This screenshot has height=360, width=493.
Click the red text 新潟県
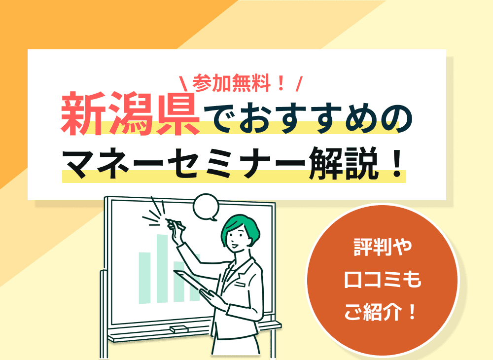[131, 114]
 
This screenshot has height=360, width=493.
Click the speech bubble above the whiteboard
[206, 207]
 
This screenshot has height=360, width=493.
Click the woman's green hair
[242, 224]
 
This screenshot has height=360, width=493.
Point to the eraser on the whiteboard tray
[178, 329]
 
